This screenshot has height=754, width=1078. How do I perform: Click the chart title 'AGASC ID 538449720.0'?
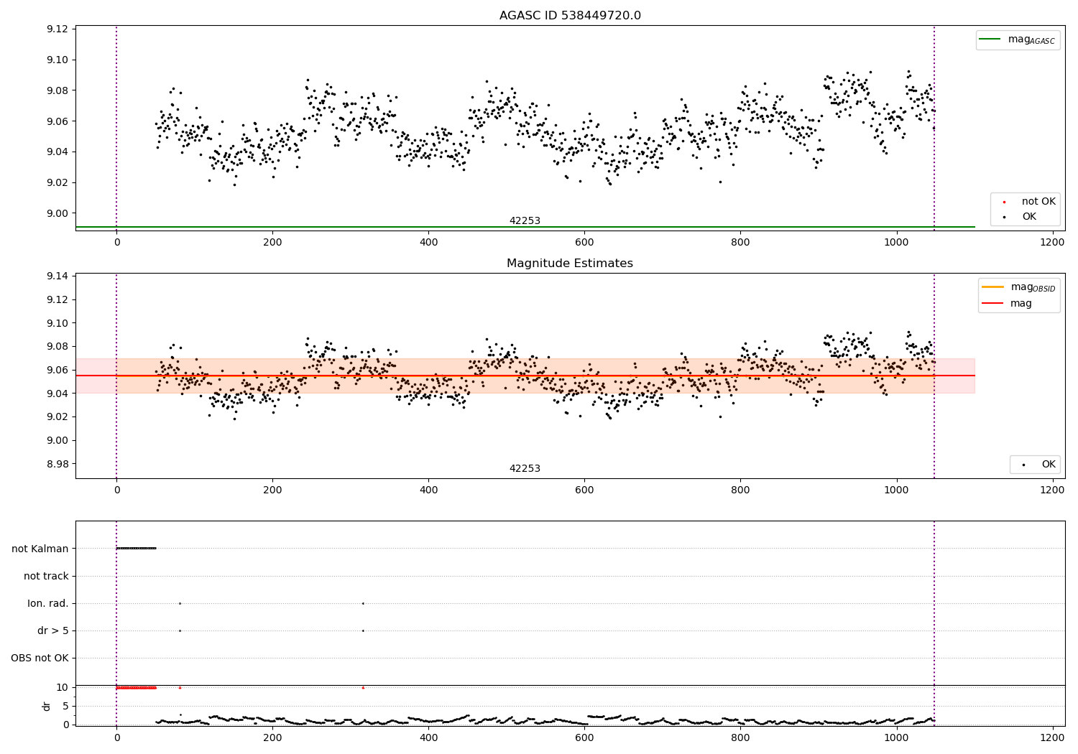(x=570, y=16)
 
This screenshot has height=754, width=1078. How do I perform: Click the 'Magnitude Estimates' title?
(x=570, y=264)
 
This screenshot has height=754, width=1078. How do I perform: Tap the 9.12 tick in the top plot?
(x=57, y=29)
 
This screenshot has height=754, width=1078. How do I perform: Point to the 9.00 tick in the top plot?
(x=57, y=213)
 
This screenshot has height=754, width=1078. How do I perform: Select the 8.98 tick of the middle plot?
(x=57, y=464)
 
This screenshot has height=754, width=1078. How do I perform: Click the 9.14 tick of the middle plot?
(x=57, y=276)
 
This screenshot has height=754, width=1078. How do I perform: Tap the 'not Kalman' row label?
(x=40, y=549)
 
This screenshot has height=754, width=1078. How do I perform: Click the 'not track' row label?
(x=46, y=576)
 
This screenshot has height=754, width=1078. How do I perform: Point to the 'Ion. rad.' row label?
(x=48, y=603)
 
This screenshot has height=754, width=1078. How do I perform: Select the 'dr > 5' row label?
(x=53, y=630)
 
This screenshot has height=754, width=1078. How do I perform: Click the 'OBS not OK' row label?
(x=40, y=658)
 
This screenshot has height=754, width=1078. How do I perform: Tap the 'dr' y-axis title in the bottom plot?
(x=47, y=706)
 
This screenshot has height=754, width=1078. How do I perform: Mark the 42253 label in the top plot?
(x=525, y=221)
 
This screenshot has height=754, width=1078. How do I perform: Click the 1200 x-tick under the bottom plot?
(x=1052, y=737)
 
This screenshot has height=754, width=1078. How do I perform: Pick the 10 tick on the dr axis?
(x=63, y=687)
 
